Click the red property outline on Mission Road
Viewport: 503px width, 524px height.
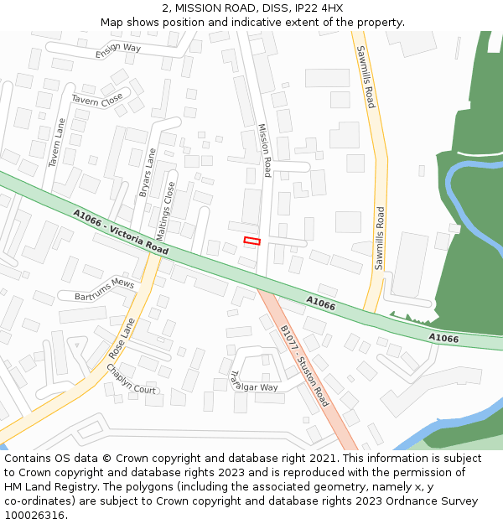click(251, 241)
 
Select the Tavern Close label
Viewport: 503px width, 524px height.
click(96, 100)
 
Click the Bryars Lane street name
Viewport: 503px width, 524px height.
click(148, 173)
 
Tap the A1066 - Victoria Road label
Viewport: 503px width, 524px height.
click(120, 232)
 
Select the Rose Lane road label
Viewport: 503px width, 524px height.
click(122, 338)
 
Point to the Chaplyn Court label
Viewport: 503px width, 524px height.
click(131, 383)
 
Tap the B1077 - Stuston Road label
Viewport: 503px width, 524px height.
click(304, 366)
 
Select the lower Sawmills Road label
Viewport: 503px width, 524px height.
click(380, 237)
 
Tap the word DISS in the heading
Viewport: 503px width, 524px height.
click(267, 8)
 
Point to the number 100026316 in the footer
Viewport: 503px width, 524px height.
click(34, 515)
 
